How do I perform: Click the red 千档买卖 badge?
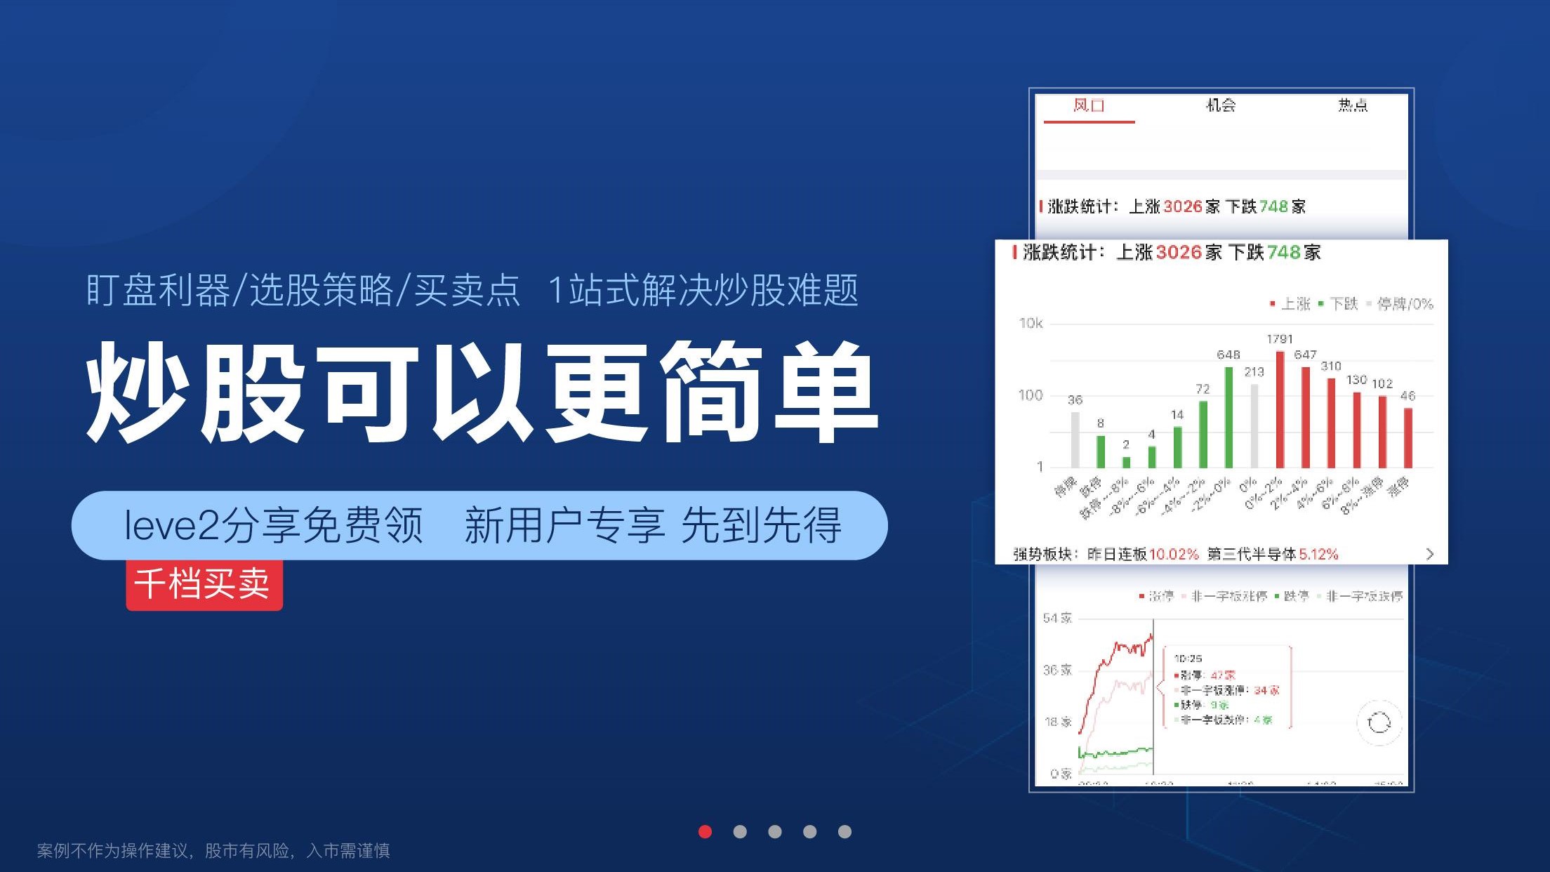204,584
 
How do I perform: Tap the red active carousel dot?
706,832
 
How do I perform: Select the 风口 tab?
1089,106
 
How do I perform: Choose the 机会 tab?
1221,106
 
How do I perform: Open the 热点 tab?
1352,106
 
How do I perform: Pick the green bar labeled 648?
1228,417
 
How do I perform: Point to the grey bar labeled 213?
1254,425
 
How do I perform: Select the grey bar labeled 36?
1075,440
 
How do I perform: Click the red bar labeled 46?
1407,437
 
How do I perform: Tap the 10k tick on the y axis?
1031,324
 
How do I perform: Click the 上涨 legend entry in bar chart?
1290,304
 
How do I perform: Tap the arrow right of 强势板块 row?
1430,554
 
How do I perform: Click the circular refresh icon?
1379,722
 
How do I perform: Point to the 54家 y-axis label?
1057,619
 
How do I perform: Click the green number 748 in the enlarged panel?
1284,252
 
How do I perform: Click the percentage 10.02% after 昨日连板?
1174,554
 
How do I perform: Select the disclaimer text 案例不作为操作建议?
112,851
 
